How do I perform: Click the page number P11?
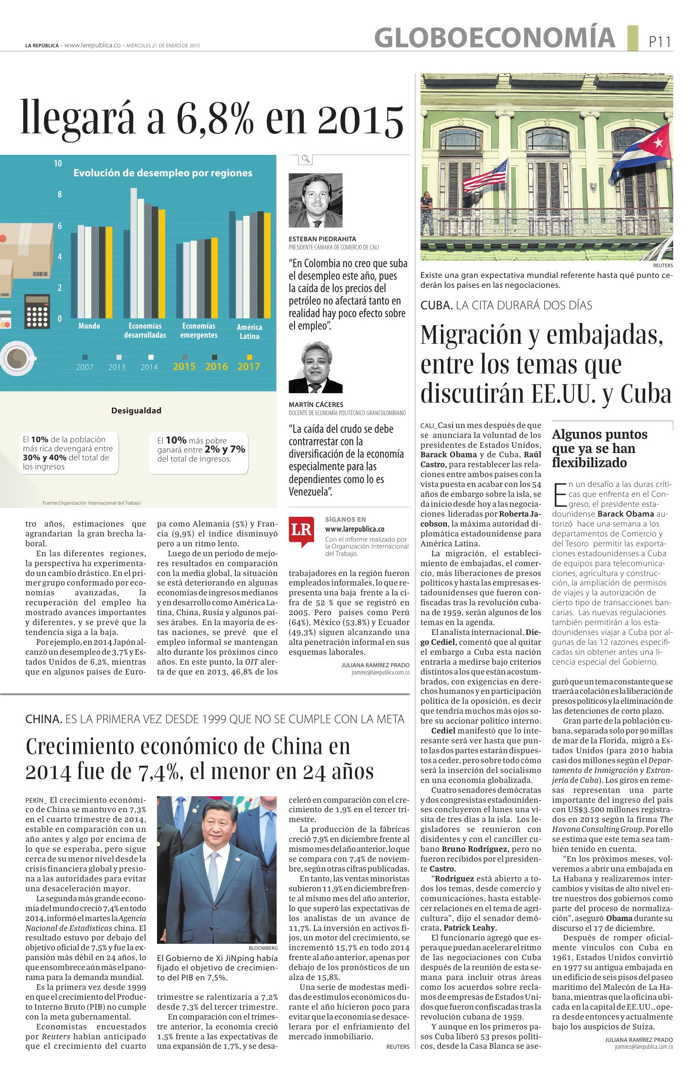click(660, 42)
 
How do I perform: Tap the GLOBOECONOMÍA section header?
click(494, 37)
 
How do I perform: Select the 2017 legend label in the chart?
click(248, 367)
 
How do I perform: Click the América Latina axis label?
click(249, 332)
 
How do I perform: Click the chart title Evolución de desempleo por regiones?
click(163, 172)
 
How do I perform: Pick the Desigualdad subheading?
click(136, 410)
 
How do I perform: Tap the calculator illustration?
click(37, 311)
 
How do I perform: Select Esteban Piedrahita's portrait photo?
click(315, 200)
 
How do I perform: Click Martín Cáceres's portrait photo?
click(315, 368)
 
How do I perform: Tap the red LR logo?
click(301, 531)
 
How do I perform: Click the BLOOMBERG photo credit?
click(263, 948)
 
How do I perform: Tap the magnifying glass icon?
click(306, 159)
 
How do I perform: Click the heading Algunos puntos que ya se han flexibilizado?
click(599, 448)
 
